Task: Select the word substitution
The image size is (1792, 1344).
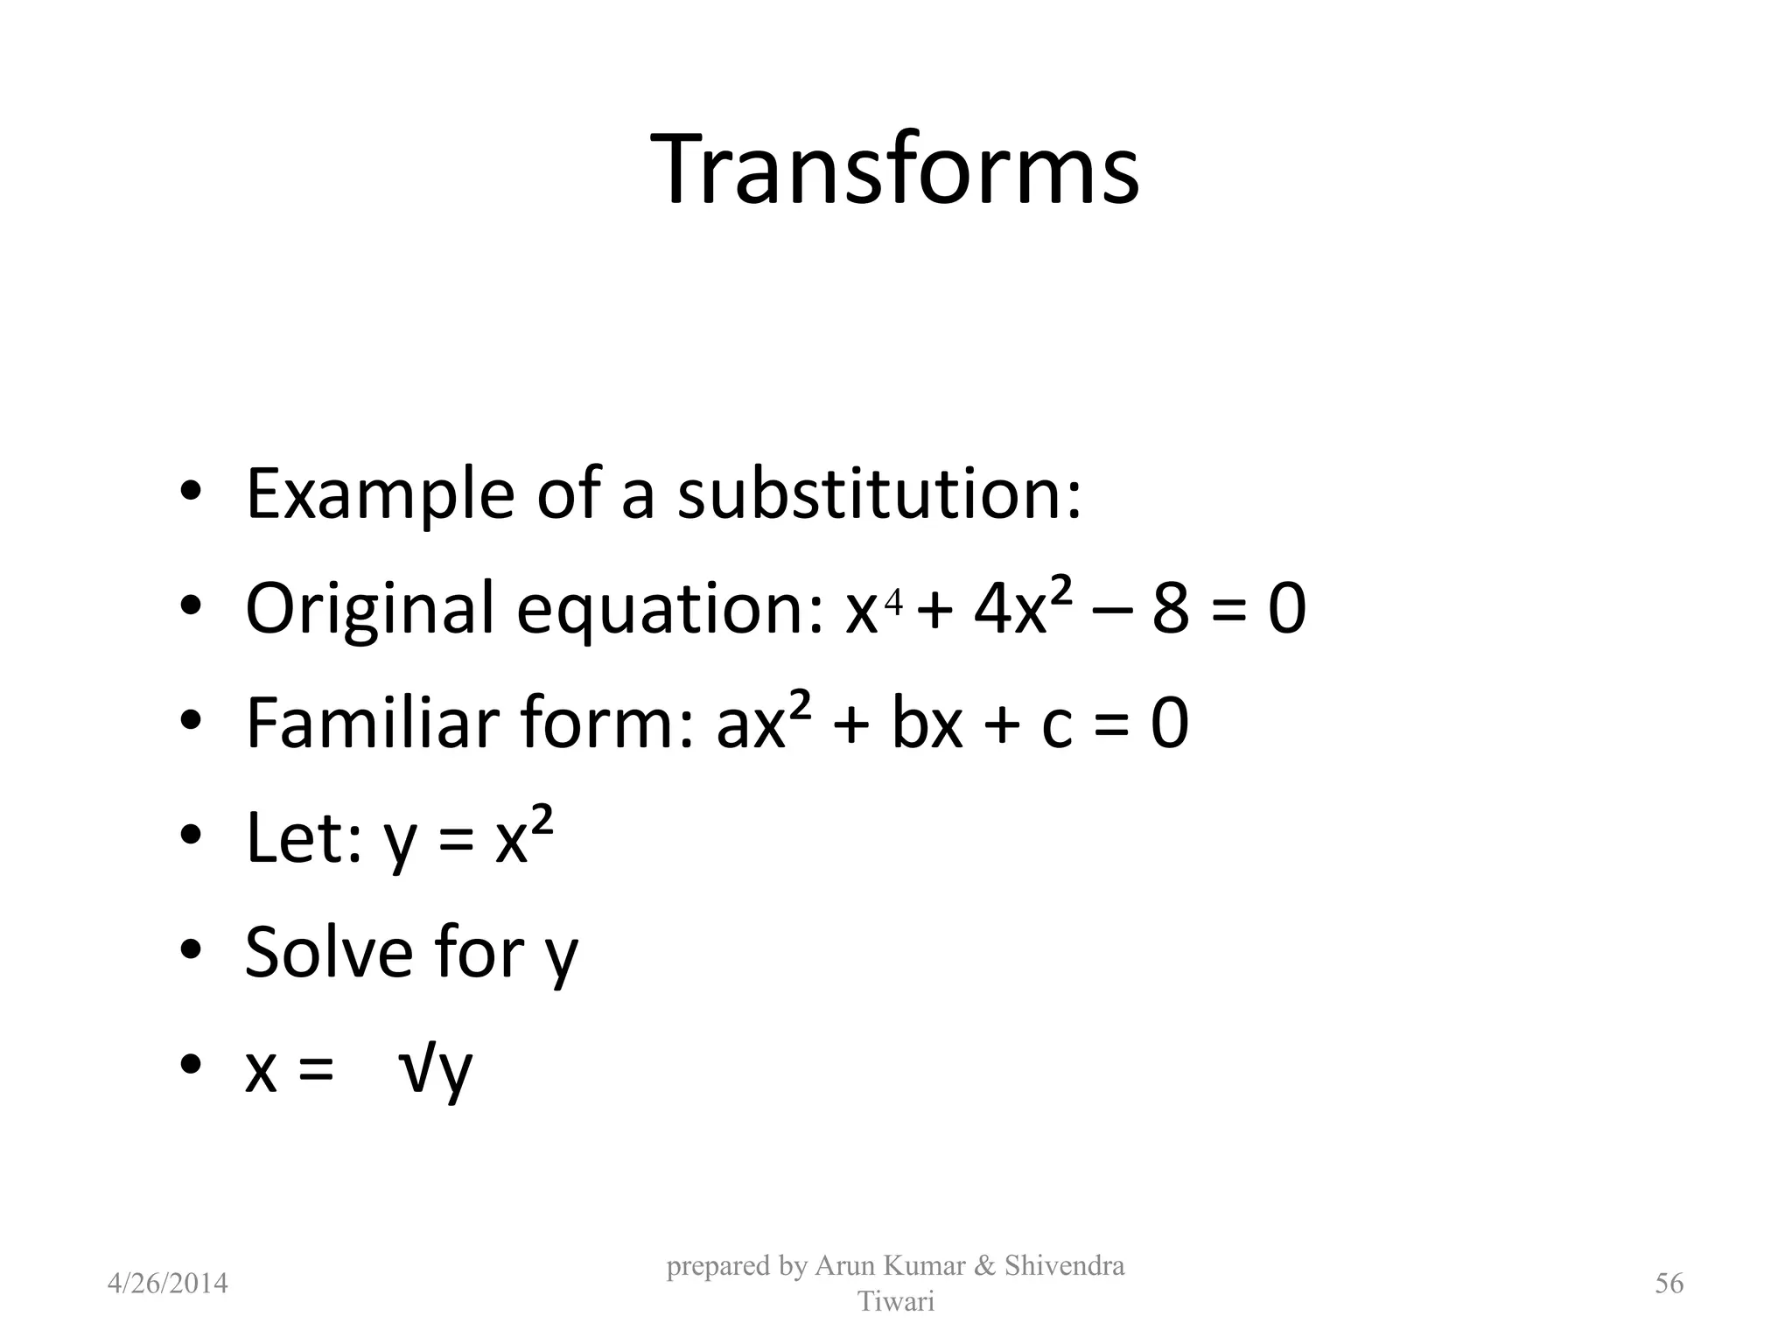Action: tap(879, 493)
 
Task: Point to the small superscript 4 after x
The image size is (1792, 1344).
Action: tap(892, 600)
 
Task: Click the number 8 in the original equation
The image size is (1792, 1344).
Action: tap(1171, 609)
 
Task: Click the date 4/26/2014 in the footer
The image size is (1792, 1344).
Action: tap(167, 1284)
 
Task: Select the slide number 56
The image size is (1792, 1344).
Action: tap(1669, 1284)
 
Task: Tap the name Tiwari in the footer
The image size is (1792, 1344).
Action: tap(895, 1301)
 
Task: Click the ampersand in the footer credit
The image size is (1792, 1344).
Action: tap(983, 1265)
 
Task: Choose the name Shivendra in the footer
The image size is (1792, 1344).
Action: tap(1064, 1265)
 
